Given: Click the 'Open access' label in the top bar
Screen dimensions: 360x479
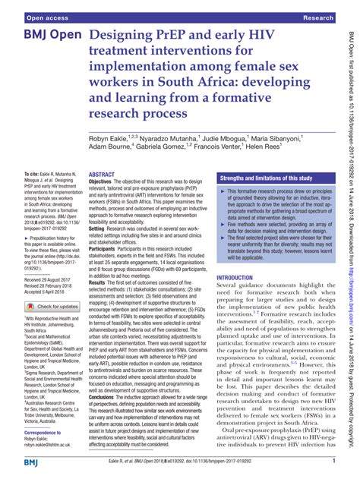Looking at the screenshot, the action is tap(33, 16).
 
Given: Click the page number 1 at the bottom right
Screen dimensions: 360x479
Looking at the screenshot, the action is tap(333, 461).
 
